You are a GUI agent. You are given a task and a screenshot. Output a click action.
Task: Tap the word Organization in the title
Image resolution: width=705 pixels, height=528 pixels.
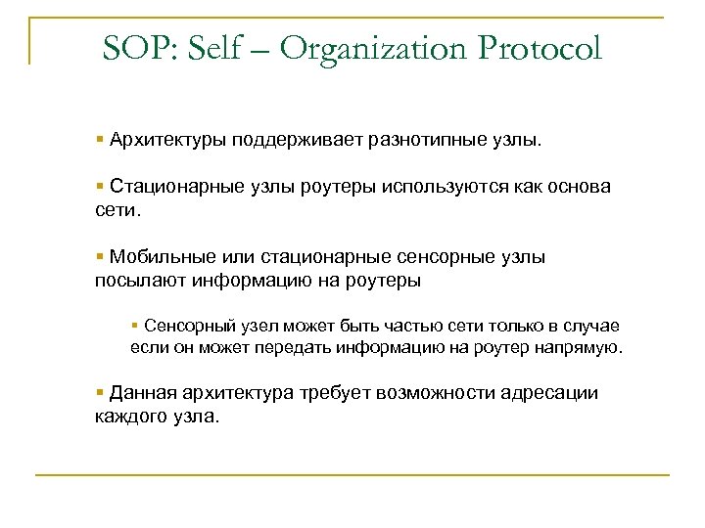[x=376, y=48]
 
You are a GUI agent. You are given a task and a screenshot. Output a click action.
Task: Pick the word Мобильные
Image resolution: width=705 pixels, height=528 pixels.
[x=157, y=258]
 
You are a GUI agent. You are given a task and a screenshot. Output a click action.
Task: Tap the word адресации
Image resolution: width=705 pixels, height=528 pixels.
[x=547, y=393]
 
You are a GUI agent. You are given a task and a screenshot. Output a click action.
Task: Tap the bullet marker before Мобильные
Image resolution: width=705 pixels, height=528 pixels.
[x=100, y=258]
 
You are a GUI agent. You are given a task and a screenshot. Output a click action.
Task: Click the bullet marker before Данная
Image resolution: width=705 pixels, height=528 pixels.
[x=100, y=393]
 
